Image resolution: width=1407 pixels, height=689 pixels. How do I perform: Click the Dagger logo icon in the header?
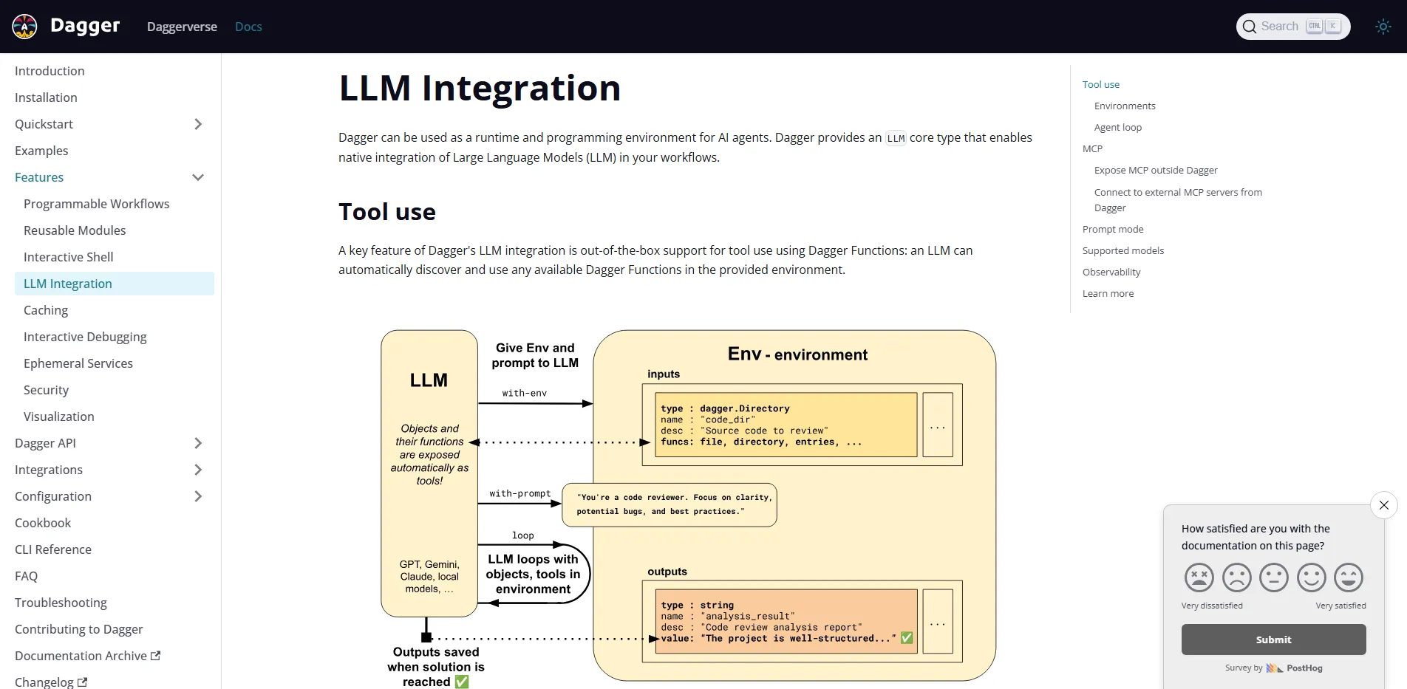tap(24, 27)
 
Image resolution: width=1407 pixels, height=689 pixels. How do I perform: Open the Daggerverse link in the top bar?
tap(182, 27)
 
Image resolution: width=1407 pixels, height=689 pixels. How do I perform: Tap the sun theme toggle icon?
tap(1383, 27)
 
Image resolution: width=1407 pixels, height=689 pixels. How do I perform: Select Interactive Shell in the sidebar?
tap(69, 257)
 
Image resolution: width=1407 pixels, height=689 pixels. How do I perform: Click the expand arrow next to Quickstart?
tap(197, 124)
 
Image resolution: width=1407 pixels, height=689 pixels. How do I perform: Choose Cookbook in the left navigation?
tap(43, 523)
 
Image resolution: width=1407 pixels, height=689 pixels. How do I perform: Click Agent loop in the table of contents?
tap(1117, 127)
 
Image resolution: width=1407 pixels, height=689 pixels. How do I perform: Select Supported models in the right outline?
tap(1122, 250)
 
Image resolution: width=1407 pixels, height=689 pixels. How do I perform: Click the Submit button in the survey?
tap(1273, 640)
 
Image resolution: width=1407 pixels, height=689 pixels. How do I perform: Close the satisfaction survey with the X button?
tap(1383, 505)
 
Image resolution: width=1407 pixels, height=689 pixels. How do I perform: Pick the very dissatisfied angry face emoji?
tap(1199, 577)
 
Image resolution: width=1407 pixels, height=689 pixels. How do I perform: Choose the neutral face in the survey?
tap(1273, 577)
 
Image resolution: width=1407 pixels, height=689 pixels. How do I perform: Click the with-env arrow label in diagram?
tap(524, 393)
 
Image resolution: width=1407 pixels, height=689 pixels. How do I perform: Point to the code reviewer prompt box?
tap(669, 504)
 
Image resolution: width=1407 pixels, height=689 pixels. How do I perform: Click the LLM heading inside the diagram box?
tap(429, 380)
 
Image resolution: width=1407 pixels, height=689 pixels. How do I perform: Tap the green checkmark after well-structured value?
tap(907, 638)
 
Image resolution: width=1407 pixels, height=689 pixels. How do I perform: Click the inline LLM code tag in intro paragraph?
tap(896, 138)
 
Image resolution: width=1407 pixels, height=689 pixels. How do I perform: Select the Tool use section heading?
tap(387, 212)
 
